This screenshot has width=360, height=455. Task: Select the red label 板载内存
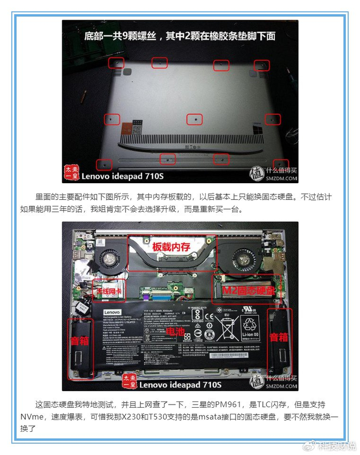tap(171, 247)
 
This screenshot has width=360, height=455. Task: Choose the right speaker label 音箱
tap(279, 337)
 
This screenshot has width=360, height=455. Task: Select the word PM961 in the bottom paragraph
tap(241, 405)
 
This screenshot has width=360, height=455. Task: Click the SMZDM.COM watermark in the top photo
tap(281, 179)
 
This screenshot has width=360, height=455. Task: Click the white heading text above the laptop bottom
tap(180, 36)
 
